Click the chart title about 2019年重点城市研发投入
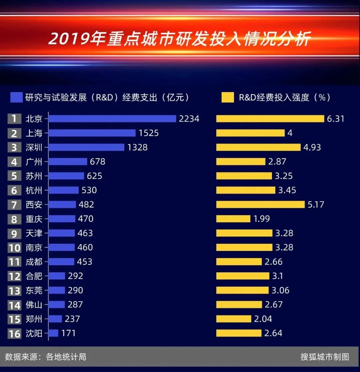[180, 39]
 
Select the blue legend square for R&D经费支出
[16, 97]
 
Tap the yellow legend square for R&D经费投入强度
[227, 97]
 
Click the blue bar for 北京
[112, 119]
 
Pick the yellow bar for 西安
[260, 205]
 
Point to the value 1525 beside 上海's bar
[149, 133]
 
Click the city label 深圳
[34, 147]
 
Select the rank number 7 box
[14, 205]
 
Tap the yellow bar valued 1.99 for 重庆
[233, 219]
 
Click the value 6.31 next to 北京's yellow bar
[335, 119]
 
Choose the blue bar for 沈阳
[54, 333]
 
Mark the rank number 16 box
[14, 333]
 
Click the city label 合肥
[34, 276]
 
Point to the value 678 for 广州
[97, 162]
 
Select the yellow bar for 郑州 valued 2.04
[233, 319]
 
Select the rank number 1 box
[14, 119]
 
